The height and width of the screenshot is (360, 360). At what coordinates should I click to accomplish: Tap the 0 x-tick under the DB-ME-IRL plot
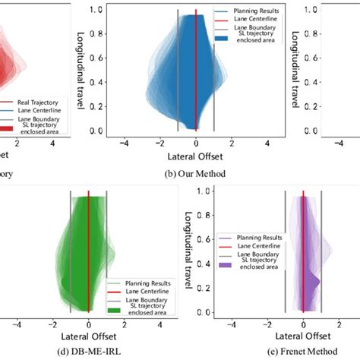tap(89, 321)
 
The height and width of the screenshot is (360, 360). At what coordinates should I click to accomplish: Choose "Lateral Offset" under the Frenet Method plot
tap(302, 333)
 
